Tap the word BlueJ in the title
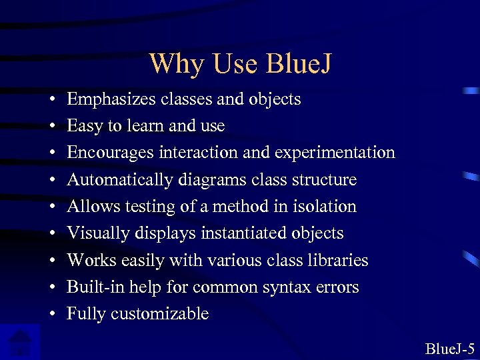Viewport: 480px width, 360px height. pos(299,64)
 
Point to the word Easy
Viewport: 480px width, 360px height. pos(84,126)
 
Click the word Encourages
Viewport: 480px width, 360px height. pos(111,153)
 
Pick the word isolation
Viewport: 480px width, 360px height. pos(325,207)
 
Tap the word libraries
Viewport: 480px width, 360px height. pos(337,260)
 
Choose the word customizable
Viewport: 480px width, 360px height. pos(161,314)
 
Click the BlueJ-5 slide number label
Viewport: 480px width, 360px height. pos(449,348)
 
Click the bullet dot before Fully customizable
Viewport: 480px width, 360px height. pos(51,315)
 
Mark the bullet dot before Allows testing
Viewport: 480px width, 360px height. pos(51,207)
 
